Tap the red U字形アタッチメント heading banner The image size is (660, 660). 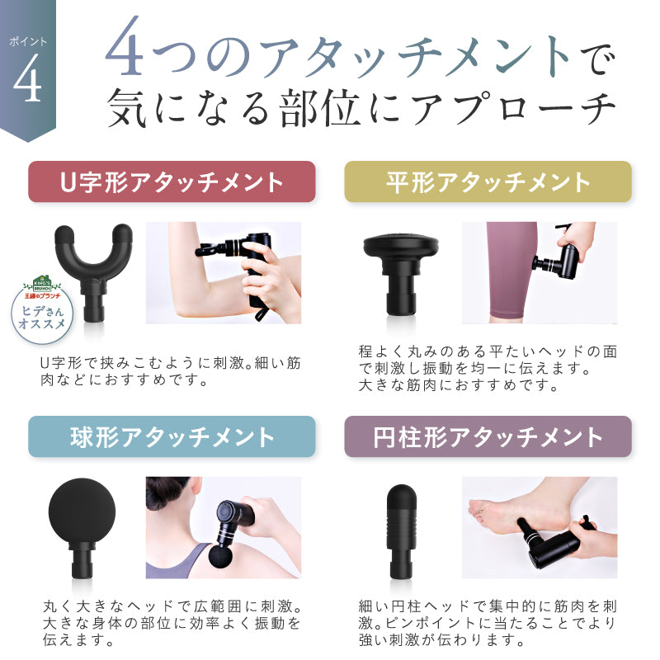tap(172, 181)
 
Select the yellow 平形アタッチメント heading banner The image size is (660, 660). tap(488, 181)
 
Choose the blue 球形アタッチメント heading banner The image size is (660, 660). tap(172, 436)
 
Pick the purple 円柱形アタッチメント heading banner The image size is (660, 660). tap(488, 436)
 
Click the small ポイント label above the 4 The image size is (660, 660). tap(27, 40)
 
